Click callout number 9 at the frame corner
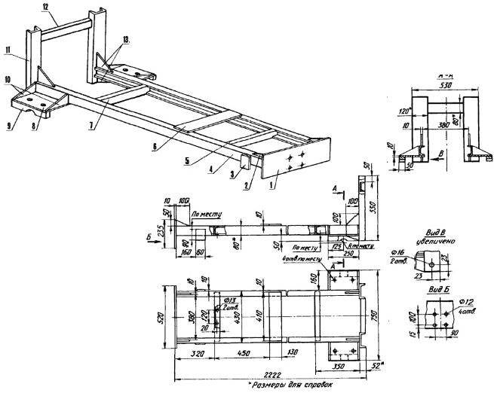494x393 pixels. (x=10, y=126)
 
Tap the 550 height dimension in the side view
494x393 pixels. (x=372, y=204)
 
